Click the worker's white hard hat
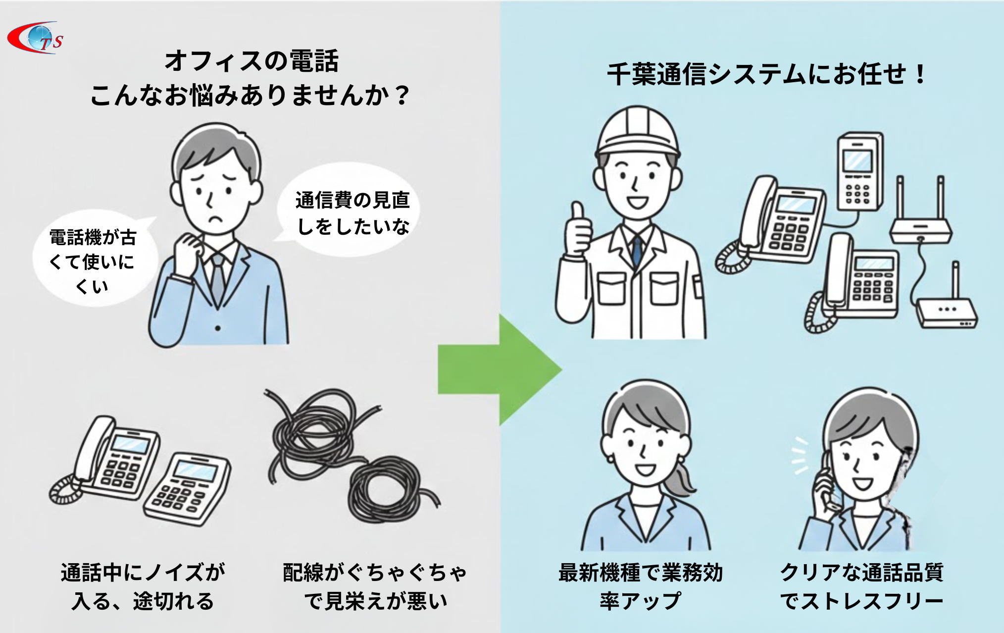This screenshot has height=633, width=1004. click(x=638, y=129)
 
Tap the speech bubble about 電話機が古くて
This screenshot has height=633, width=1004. click(x=93, y=262)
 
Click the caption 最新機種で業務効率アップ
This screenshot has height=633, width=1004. click(x=641, y=586)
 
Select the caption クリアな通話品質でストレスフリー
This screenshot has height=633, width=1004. click(x=861, y=586)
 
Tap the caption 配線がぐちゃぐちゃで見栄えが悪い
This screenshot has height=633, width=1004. click(x=375, y=586)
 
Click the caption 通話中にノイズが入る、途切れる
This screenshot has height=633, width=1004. click(x=143, y=586)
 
